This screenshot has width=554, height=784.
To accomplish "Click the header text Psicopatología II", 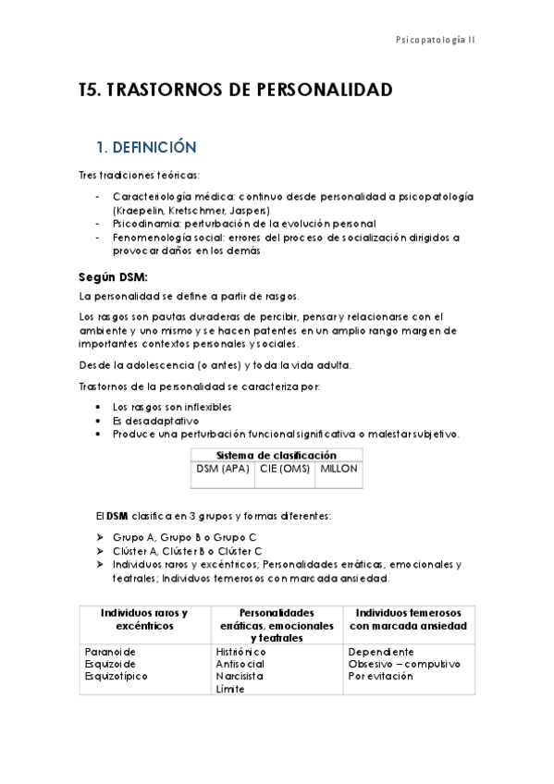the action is tap(435, 41).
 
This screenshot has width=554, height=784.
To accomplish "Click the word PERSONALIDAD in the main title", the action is tap(315, 90).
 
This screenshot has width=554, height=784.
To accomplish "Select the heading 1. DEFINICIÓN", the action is tap(147, 147).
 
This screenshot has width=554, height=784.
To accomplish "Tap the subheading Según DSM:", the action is tap(113, 276).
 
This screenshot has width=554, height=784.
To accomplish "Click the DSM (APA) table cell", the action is tap(220, 469).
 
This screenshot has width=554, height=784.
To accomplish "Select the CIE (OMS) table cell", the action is tap(281, 469).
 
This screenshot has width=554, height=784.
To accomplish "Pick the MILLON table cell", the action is tap(339, 469).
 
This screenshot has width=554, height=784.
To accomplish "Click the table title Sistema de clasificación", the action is tap(276, 455).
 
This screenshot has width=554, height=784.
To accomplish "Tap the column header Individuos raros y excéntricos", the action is tap(143, 619).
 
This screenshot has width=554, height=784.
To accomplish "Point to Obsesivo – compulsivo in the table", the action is tap(403, 663).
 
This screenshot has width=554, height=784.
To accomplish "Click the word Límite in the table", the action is tap(231, 689).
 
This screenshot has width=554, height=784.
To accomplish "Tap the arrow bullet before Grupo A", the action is tap(101, 537).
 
